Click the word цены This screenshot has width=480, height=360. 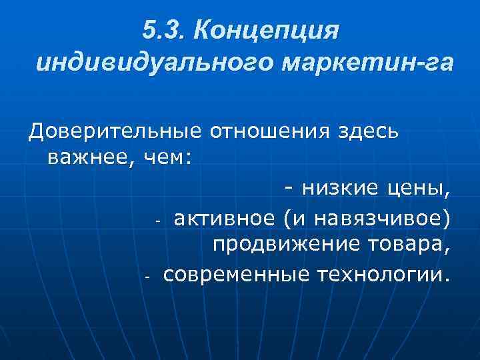coord(420,190)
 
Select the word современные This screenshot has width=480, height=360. coord(235,273)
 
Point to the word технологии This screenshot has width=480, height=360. coord(381,273)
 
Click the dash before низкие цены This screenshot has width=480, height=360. coord(289,190)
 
